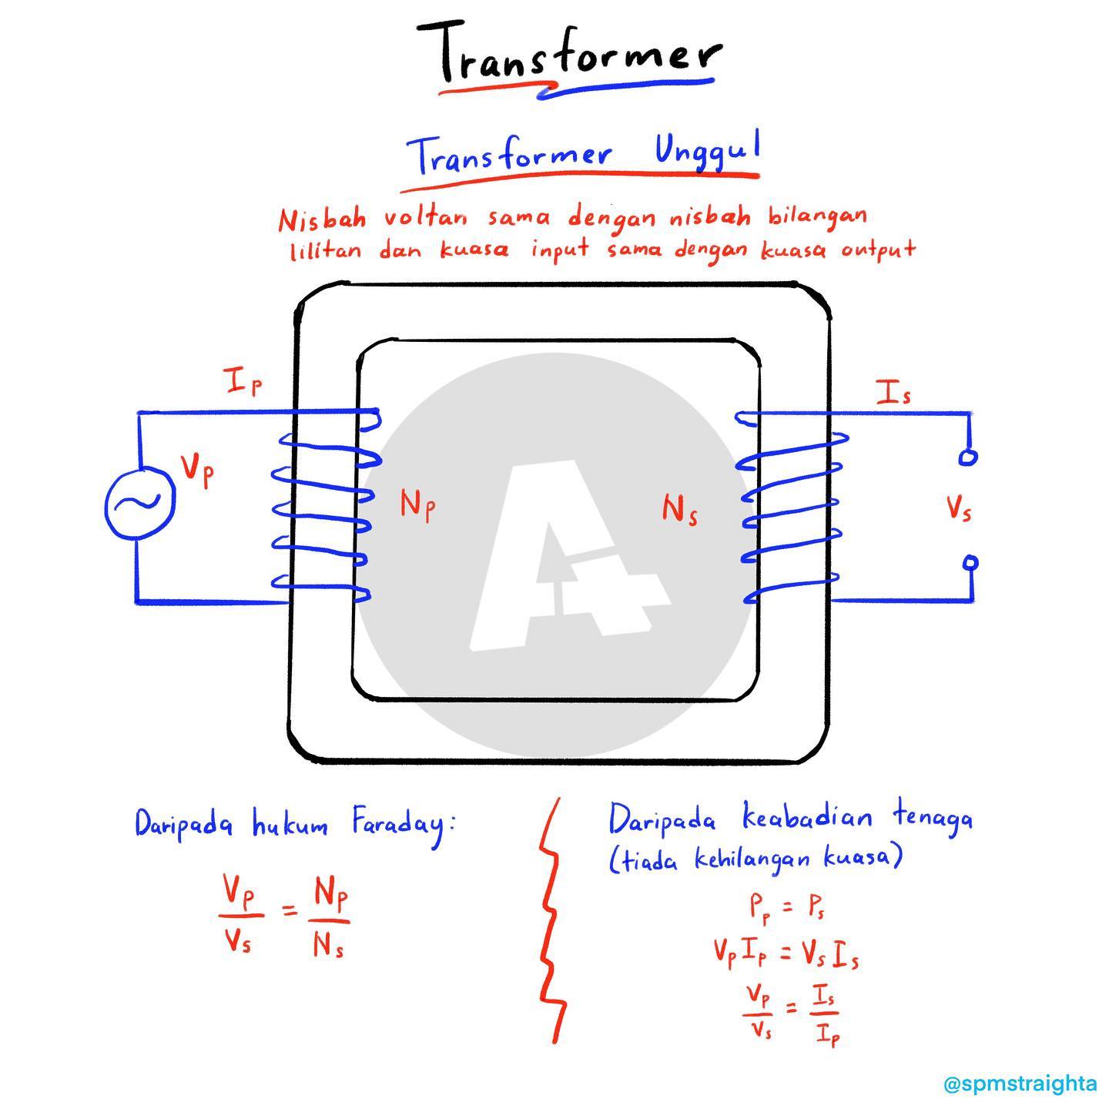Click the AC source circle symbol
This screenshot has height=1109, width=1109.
tap(140, 503)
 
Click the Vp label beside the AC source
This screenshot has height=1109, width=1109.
tap(197, 471)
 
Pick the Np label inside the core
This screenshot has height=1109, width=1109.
tap(417, 504)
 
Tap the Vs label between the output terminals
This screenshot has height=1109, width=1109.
tap(959, 508)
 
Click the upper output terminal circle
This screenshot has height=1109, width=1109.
tap(968, 457)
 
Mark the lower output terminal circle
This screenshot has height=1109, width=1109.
tap(971, 562)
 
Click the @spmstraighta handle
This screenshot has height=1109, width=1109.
tap(1020, 1084)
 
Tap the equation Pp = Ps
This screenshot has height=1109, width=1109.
tap(786, 908)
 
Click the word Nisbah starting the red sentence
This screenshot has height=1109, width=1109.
tap(322, 219)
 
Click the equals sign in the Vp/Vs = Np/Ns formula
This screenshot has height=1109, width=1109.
tap(290, 910)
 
